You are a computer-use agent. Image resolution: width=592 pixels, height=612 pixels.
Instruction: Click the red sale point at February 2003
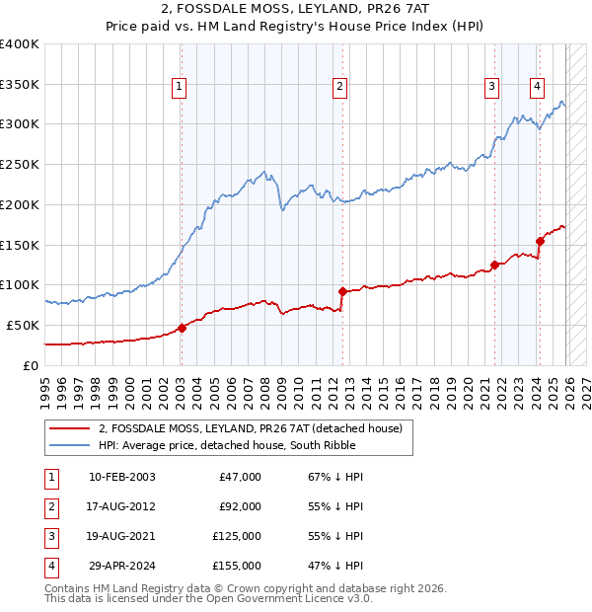182,328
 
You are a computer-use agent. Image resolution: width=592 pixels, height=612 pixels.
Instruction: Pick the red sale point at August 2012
342,291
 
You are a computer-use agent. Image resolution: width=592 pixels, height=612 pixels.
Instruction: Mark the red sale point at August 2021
494,265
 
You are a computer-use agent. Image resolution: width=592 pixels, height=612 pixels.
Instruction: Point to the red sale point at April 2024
540,241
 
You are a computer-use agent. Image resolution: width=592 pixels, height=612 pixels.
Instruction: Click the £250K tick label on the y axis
20,165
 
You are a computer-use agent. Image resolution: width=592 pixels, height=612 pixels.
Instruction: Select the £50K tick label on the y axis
24,325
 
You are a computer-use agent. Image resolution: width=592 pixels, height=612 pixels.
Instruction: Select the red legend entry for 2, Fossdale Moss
250,428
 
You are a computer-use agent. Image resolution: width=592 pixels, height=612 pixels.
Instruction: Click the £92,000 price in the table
240,506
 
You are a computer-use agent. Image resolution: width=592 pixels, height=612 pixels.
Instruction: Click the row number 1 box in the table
50,477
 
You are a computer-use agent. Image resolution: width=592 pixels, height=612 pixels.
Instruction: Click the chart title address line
296,10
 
